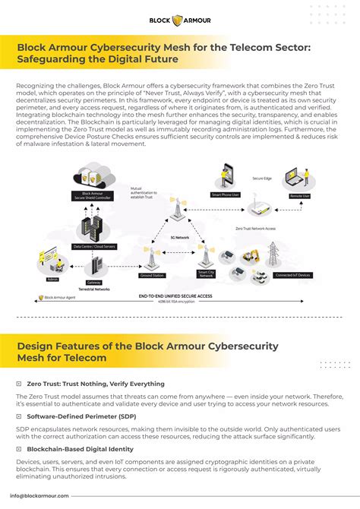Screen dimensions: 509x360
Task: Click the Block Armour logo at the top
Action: [x=179, y=20]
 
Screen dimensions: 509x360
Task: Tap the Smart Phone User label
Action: [x=226, y=195]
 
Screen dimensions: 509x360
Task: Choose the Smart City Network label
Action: [x=207, y=273]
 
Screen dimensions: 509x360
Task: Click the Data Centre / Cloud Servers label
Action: [x=93, y=246]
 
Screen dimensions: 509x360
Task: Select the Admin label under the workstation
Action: [x=52, y=279]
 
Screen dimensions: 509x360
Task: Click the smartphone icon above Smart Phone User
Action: [x=226, y=175]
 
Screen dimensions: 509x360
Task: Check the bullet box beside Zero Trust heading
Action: [x=18, y=384]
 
